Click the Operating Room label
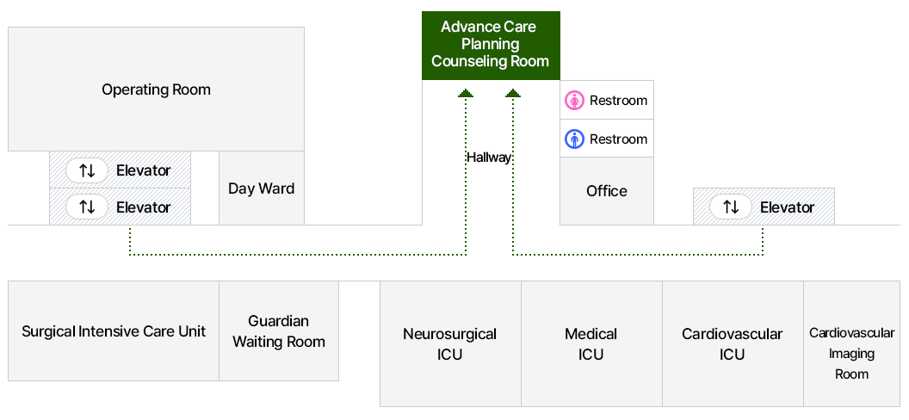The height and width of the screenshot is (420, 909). (156, 90)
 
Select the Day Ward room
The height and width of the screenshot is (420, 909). (261, 188)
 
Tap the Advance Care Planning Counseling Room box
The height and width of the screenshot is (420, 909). (491, 45)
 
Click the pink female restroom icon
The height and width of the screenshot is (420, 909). (574, 101)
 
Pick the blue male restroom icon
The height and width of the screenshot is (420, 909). (574, 139)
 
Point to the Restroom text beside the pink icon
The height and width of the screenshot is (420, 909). (618, 101)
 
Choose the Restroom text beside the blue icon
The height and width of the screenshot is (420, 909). (618, 139)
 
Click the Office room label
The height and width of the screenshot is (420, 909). (607, 191)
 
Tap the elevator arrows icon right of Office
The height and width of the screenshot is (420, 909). (731, 207)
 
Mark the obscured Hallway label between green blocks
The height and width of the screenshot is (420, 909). (489, 157)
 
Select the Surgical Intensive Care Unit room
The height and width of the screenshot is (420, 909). (114, 331)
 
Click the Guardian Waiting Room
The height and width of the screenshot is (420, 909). (279, 331)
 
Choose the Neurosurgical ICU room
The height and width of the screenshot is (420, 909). (450, 343)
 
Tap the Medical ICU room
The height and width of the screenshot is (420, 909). (591, 343)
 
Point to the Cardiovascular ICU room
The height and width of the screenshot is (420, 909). (733, 343)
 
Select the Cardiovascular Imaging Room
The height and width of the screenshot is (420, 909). (851, 353)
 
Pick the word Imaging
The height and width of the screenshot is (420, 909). (851, 354)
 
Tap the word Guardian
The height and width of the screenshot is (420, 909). (278, 321)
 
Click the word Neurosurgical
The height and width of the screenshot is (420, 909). (450, 334)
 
